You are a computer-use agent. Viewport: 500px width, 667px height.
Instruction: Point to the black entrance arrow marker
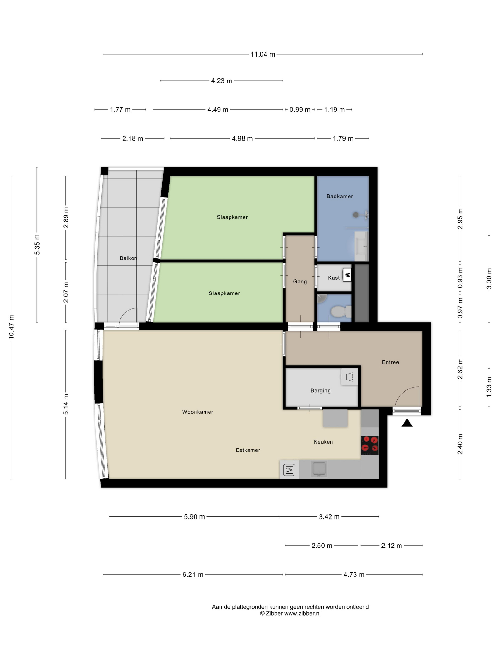pyautogui.click(x=407, y=423)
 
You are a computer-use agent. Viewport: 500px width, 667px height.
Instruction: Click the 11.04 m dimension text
pyautogui.click(x=263, y=55)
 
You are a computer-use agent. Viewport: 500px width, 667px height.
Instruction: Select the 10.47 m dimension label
pyautogui.click(x=11, y=327)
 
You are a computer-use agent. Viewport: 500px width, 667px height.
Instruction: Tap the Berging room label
pyautogui.click(x=320, y=390)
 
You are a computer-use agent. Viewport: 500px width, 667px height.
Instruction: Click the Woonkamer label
pyautogui.click(x=197, y=412)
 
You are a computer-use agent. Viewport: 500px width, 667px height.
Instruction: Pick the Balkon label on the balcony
pyautogui.click(x=128, y=258)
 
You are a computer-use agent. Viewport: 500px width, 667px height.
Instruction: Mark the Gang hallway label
pyautogui.click(x=300, y=282)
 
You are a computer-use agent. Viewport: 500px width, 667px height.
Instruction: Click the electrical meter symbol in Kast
pyautogui.click(x=347, y=275)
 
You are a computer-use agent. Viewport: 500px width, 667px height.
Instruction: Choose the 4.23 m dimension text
pyautogui.click(x=221, y=81)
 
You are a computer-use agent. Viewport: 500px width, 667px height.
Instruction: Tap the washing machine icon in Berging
pyautogui.click(x=349, y=377)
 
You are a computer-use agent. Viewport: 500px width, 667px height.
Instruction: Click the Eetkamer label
pyautogui.click(x=248, y=450)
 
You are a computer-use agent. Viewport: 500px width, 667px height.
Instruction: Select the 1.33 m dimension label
pyautogui.click(x=489, y=387)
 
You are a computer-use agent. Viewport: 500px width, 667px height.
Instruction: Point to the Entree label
pyautogui.click(x=390, y=363)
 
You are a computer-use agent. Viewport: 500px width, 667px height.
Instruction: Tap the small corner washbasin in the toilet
pyautogui.click(x=322, y=298)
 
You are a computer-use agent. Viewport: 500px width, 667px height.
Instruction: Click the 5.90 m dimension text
pyautogui.click(x=194, y=517)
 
